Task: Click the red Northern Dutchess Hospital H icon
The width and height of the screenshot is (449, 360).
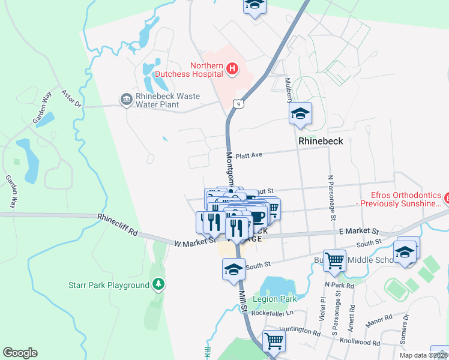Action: pos(233,70)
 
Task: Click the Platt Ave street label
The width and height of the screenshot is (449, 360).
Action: pos(249,155)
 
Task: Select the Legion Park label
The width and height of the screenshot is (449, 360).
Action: pos(275,299)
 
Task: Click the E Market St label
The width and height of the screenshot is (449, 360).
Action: pos(359,231)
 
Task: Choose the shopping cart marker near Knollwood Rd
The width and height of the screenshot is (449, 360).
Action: pos(274,340)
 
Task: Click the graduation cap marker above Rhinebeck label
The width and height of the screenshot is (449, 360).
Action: pos(300,114)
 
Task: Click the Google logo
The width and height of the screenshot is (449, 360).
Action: pos(20,353)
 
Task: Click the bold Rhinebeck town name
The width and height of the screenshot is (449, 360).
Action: pos(321,140)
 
